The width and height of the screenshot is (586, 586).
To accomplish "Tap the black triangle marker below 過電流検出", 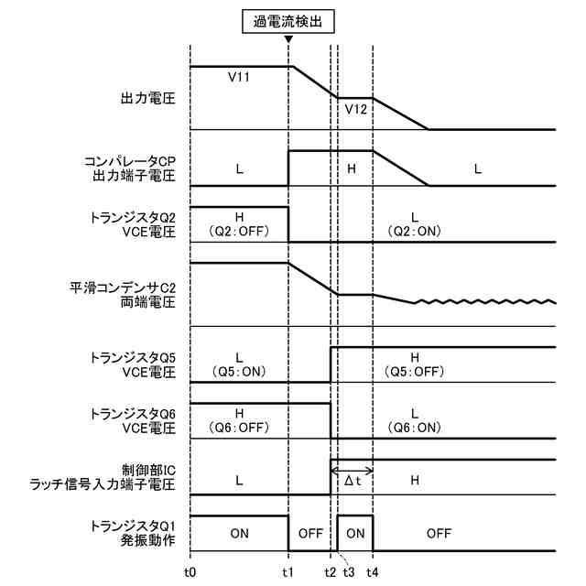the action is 288,40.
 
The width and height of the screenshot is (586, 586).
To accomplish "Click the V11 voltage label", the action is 240,79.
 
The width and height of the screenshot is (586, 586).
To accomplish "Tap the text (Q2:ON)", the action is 414,230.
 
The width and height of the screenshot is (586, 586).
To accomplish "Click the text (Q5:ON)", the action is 239,371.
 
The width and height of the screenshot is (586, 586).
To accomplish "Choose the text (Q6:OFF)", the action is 239,428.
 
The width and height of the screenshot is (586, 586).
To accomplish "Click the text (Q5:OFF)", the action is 415,371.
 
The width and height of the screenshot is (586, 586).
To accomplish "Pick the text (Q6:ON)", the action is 415,428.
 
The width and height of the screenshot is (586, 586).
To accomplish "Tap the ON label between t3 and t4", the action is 355,532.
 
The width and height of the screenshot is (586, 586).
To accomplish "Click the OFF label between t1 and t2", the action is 309,532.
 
